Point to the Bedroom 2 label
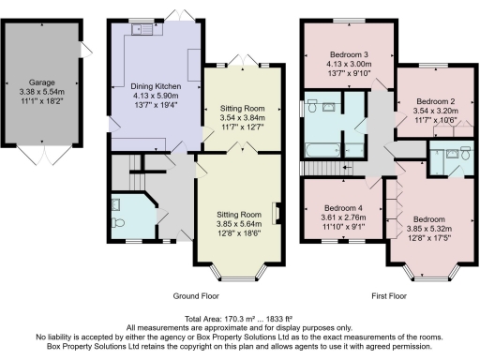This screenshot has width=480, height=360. [x=434, y=100]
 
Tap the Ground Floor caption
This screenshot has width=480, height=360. [x=196, y=295]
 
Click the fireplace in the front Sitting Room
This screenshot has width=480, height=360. [x=275, y=213]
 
